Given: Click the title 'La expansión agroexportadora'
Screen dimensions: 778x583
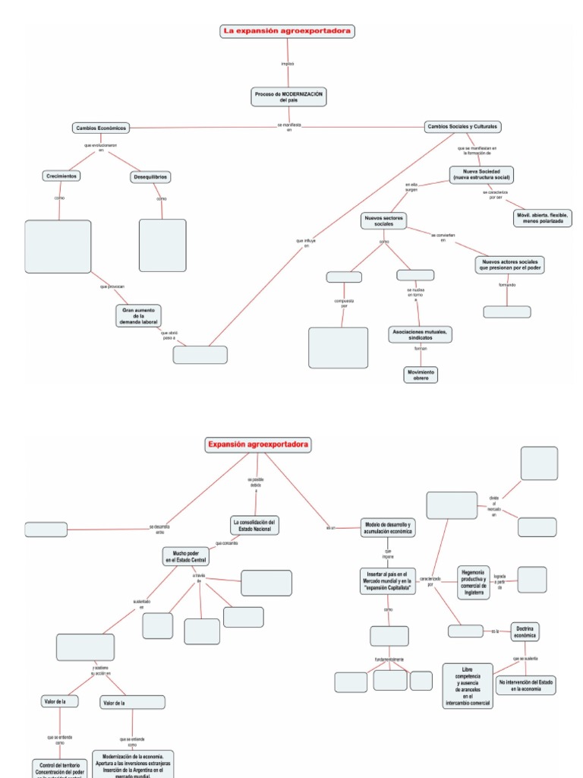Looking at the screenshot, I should click(288, 31).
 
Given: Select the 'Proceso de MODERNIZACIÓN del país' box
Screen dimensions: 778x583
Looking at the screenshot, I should click(288, 96).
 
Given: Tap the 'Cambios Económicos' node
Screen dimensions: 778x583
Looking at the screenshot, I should click(100, 128).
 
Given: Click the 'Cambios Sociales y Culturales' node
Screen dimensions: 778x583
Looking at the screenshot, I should click(463, 127).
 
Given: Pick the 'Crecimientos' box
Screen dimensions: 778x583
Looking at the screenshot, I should click(61, 176).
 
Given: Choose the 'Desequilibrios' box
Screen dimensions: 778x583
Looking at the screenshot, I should click(150, 177).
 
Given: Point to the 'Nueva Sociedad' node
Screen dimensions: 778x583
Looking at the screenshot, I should click(481, 174).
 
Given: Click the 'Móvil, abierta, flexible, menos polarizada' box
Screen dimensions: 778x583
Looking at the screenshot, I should click(541, 218).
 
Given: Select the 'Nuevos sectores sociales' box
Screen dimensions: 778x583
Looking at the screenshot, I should click(384, 221).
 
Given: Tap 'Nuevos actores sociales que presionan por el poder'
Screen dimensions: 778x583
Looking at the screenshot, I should click(511, 264).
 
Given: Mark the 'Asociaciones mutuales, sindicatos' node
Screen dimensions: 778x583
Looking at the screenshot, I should click(420, 334).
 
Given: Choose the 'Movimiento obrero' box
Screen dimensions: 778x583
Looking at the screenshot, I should click(421, 375).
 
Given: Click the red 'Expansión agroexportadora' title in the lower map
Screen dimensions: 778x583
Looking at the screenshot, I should click(259, 444).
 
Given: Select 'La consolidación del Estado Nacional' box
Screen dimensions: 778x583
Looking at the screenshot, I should click(256, 525).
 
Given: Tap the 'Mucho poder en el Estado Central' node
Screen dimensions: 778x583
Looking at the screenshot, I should click(185, 557).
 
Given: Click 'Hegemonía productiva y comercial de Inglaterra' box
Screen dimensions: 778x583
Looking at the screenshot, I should click(474, 582).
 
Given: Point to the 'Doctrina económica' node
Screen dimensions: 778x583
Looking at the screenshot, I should click(525, 631).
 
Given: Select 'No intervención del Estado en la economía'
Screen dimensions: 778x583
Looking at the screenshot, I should click(526, 686).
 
